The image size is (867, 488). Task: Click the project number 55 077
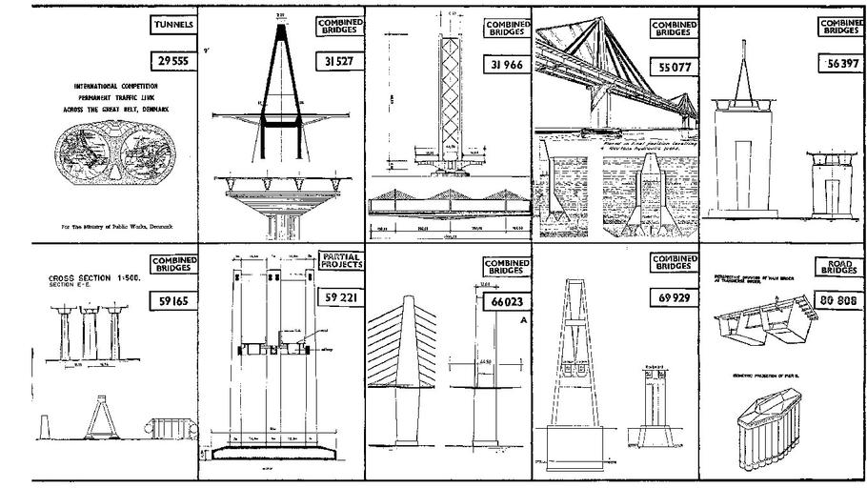coord(674,70)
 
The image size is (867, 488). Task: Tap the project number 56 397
coord(840,63)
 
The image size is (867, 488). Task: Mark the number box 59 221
coord(338,297)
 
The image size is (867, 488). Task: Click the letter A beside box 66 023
coord(523,322)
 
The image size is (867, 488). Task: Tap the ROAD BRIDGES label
coord(839,267)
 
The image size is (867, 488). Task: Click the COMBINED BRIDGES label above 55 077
coord(674,29)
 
